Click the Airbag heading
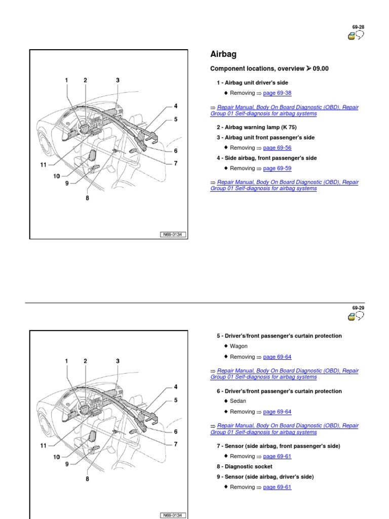coord(223,55)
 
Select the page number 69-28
coord(358,26)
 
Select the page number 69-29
coord(358,308)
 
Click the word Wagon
coord(239,346)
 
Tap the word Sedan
coord(238,401)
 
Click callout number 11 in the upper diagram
coord(44,164)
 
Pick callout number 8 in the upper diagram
coord(87,198)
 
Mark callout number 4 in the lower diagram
coord(176,387)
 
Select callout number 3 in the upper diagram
coord(118,80)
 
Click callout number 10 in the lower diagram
coord(56,457)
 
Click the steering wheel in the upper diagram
coord(81,123)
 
